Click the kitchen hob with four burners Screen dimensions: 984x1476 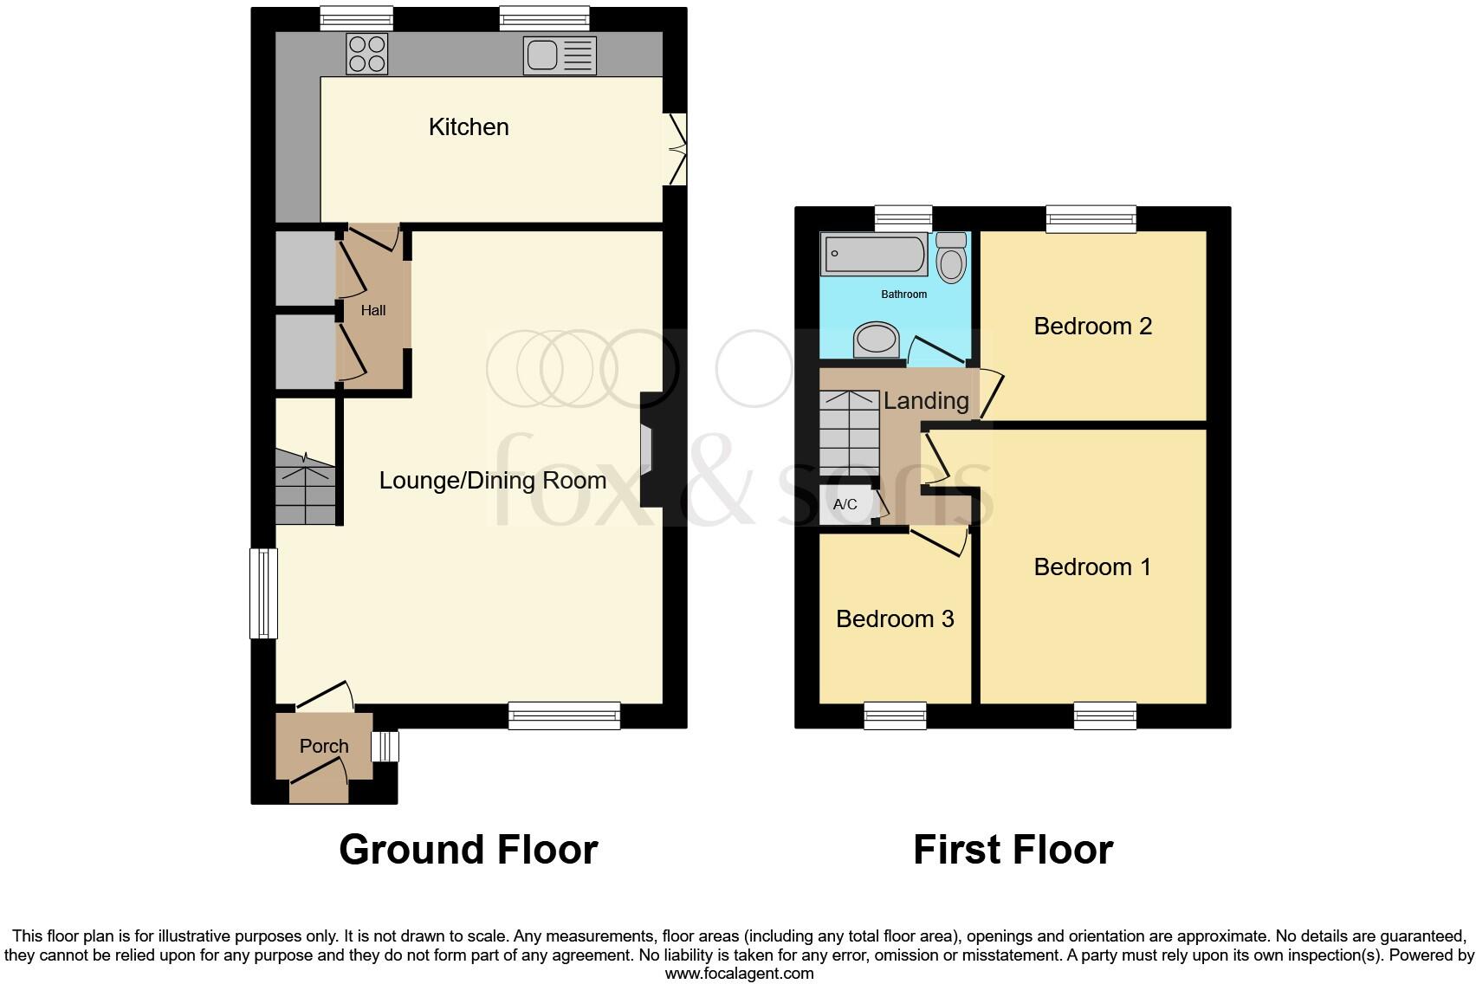tap(366, 53)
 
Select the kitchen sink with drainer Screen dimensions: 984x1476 tap(560, 55)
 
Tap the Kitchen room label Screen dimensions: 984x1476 tap(469, 127)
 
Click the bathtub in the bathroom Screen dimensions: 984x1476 tap(874, 254)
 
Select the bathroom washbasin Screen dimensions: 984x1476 tap(877, 340)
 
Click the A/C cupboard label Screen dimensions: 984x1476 tap(845, 504)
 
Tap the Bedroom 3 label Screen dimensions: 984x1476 tap(895, 618)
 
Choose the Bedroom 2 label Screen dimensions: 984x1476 tap(1092, 327)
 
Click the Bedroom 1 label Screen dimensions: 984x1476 tap(1092, 566)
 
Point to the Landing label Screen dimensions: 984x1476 tap(926, 400)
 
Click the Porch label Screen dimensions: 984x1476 tap(324, 746)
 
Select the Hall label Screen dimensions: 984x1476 tap(373, 310)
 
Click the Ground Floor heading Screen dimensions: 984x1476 tap(468, 850)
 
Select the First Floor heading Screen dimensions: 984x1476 tap(1013, 850)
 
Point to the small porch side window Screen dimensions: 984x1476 tap(385, 746)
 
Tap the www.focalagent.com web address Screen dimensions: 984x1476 tap(738, 974)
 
